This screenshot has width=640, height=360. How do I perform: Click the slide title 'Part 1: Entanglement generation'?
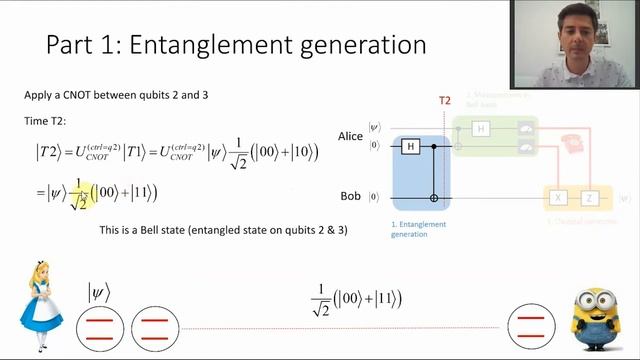[x=236, y=46]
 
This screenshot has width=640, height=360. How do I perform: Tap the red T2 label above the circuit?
[x=445, y=101]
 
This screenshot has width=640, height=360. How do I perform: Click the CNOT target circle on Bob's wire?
[x=434, y=198]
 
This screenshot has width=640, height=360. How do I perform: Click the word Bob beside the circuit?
[x=349, y=198]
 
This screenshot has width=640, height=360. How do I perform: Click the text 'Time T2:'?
[x=44, y=121]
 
